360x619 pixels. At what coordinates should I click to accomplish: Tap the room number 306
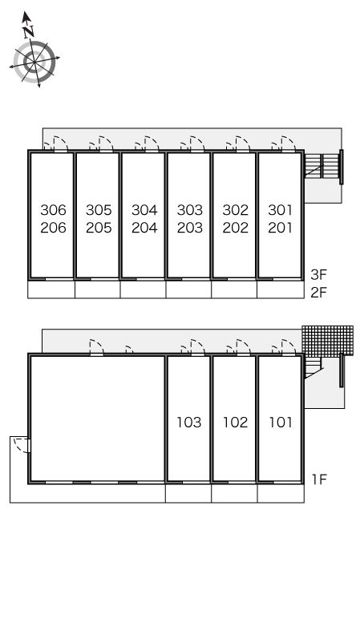pyautogui.click(x=53, y=209)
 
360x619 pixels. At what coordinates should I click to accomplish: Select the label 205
pyautogui.click(x=99, y=228)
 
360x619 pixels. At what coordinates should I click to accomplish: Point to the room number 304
pyautogui.click(x=144, y=209)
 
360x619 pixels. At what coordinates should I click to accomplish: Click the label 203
pyautogui.click(x=190, y=228)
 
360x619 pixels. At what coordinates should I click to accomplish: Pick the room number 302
pyautogui.click(x=235, y=209)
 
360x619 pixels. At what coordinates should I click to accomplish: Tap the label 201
pyautogui.click(x=281, y=228)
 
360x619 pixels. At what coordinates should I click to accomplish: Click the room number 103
pyautogui.click(x=189, y=423)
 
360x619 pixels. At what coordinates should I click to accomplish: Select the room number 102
pyautogui.click(x=235, y=423)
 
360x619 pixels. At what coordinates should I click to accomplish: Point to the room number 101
pyautogui.click(x=281, y=423)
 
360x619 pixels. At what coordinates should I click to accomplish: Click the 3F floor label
pyautogui.click(x=318, y=274)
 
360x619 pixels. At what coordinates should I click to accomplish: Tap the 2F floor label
pyautogui.click(x=318, y=293)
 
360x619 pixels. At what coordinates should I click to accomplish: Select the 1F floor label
pyautogui.click(x=319, y=479)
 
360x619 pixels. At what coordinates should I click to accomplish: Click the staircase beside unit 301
pyautogui.click(x=322, y=166)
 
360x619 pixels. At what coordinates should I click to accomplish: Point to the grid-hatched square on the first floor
pyautogui.click(x=328, y=341)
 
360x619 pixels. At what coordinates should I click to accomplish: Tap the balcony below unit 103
pyautogui.click(x=188, y=493)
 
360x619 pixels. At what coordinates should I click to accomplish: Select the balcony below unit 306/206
pyautogui.click(x=51, y=289)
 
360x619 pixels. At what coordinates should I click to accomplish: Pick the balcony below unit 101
pyautogui.click(x=281, y=493)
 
